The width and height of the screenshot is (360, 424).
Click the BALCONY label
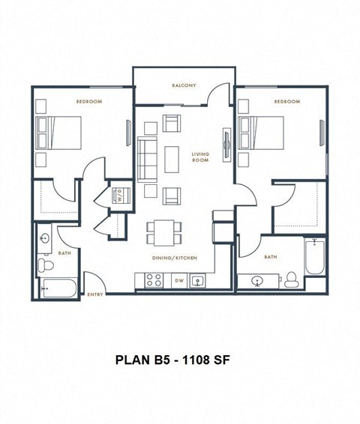tap(184, 85)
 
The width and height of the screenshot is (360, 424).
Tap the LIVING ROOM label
tap(200, 157)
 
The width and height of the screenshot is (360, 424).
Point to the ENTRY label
tap(95, 294)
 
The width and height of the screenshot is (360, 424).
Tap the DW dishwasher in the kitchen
tap(178, 281)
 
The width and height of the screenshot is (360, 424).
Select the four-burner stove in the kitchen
tap(154, 281)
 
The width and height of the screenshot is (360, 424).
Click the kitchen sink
tap(198, 281)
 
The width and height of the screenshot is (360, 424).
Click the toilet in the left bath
tap(45, 264)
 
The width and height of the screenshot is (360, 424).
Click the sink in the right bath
tap(257, 282)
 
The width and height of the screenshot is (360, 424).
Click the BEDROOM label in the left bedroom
tap(88, 101)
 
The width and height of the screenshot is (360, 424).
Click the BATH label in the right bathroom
tap(270, 256)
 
